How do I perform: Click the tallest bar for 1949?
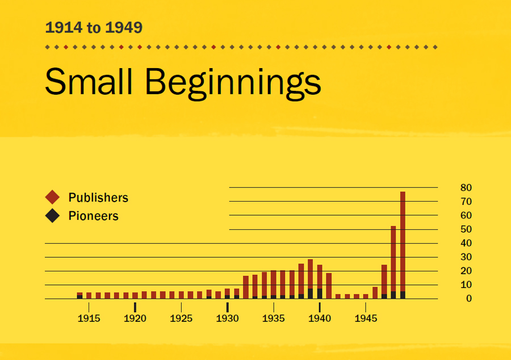(x=403, y=244)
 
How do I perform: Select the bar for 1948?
(x=393, y=261)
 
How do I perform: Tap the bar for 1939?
(x=310, y=279)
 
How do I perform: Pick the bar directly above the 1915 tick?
(x=89, y=295)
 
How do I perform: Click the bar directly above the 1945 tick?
(x=366, y=296)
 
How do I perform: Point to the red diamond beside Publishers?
(x=52, y=198)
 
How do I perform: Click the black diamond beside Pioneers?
(x=52, y=216)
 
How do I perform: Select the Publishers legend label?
(x=98, y=198)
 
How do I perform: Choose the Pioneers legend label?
(x=93, y=216)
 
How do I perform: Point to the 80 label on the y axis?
(x=466, y=187)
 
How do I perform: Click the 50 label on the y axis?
(x=466, y=229)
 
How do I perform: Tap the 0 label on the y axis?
(x=468, y=299)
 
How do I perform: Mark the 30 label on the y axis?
(x=466, y=257)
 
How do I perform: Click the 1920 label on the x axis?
(x=135, y=319)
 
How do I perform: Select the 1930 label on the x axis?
(x=227, y=319)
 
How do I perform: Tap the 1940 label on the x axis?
(x=320, y=319)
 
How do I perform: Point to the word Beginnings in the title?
(x=233, y=82)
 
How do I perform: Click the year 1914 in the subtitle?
(x=62, y=27)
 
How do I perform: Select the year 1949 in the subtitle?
(x=124, y=27)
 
